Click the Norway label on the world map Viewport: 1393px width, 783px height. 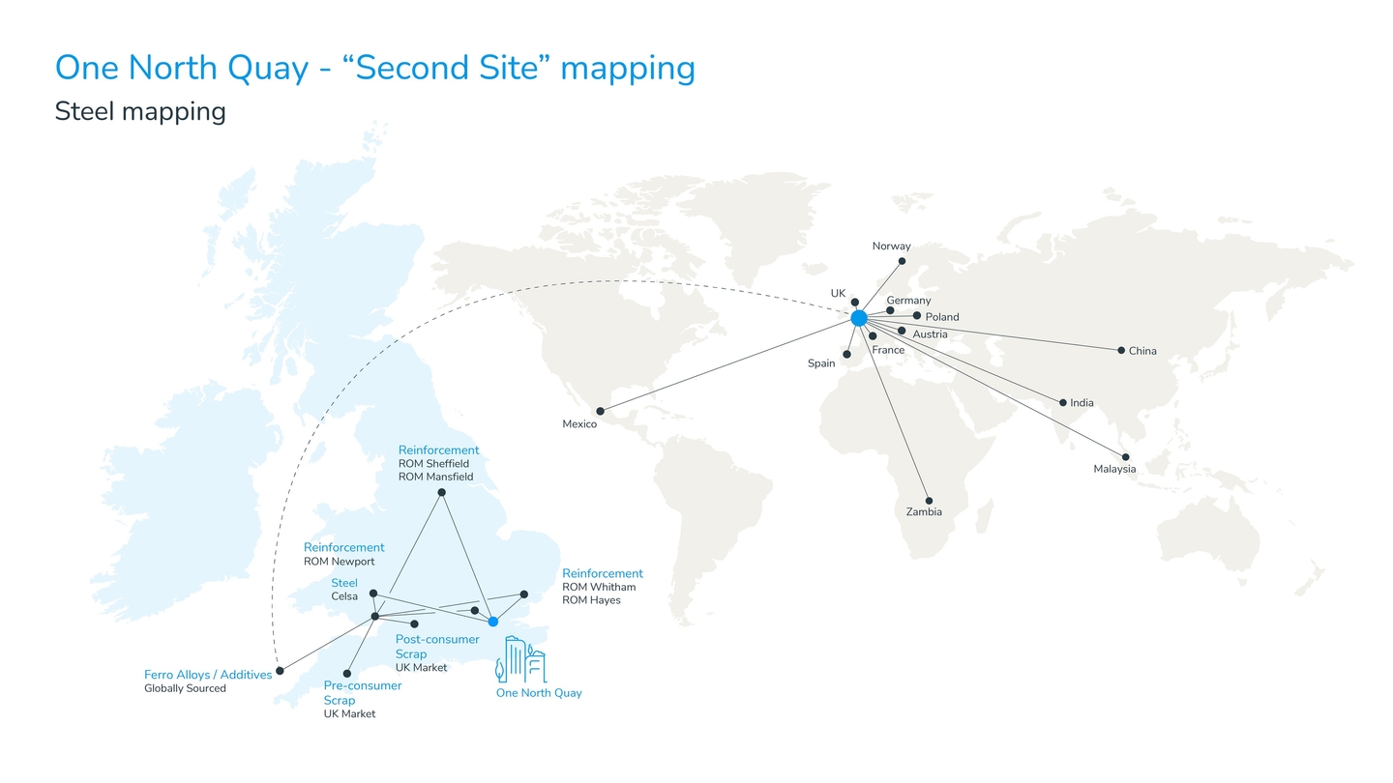tap(891, 246)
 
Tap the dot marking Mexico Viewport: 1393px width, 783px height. tap(600, 412)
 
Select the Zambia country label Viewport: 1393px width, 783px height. tap(924, 512)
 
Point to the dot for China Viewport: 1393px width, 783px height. tap(1121, 351)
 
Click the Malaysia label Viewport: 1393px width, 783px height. tap(1114, 469)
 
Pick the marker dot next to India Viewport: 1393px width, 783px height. tap(1063, 403)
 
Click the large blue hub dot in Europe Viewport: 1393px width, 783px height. tap(859, 318)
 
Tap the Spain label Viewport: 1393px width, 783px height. tap(821, 363)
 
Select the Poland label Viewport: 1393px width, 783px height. tap(942, 317)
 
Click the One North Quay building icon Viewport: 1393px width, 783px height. tap(520, 659)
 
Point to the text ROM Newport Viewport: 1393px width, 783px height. tap(339, 562)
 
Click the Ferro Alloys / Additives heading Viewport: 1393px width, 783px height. tap(208, 675)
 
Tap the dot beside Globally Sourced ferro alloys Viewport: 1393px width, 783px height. tap(280, 671)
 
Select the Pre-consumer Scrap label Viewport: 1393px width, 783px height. tap(363, 693)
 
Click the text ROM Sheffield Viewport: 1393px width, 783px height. tap(433, 464)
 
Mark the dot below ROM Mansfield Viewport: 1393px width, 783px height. tap(441, 492)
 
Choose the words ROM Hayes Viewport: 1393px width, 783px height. tap(591, 600)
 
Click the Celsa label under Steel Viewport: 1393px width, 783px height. tap(344, 596)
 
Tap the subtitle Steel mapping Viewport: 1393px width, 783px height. tap(140, 112)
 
